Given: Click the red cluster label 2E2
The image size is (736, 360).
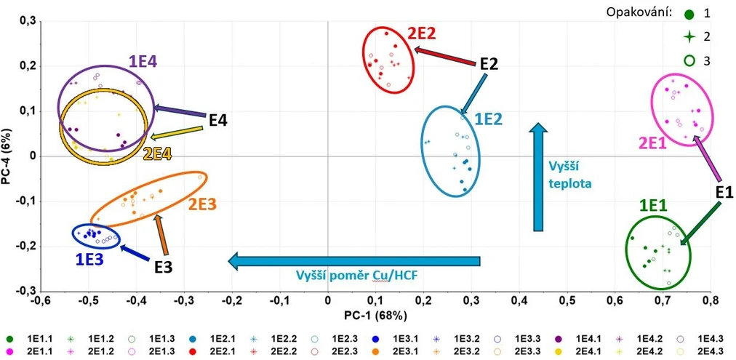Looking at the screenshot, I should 421,33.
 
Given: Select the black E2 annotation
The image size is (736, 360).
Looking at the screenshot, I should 488,64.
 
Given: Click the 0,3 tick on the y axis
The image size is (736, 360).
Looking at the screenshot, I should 27,23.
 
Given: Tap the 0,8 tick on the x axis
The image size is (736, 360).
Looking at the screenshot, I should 711,300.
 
